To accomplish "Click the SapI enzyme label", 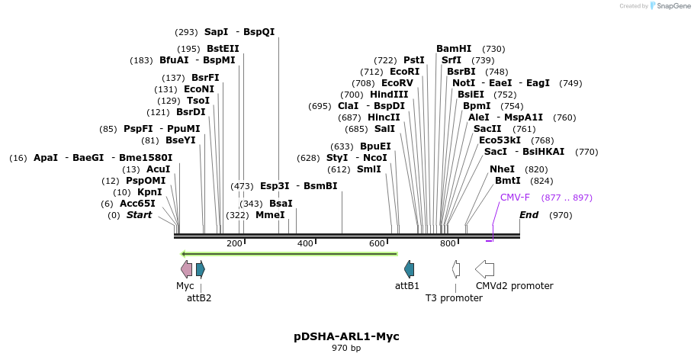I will point(216,32).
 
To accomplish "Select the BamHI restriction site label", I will point(454,49).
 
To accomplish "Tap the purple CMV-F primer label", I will point(515,198).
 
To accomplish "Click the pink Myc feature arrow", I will point(186,268).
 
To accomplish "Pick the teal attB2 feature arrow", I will point(201,268).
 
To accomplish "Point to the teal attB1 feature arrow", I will point(410,268).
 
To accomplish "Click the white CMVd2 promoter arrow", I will point(484,268).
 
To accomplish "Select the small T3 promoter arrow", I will point(456,268).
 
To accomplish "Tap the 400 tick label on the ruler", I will point(305,243).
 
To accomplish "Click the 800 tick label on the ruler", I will point(448,243).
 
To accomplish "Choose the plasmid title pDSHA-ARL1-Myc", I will point(346,336).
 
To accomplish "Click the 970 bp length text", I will point(346,348).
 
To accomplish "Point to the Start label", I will point(139,215).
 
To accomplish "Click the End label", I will point(529,215).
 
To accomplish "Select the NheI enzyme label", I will point(503,169).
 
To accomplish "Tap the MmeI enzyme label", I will point(270,215).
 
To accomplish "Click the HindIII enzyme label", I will point(389,95).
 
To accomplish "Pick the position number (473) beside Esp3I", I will point(242,186).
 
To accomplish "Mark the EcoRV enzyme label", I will point(397,83).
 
